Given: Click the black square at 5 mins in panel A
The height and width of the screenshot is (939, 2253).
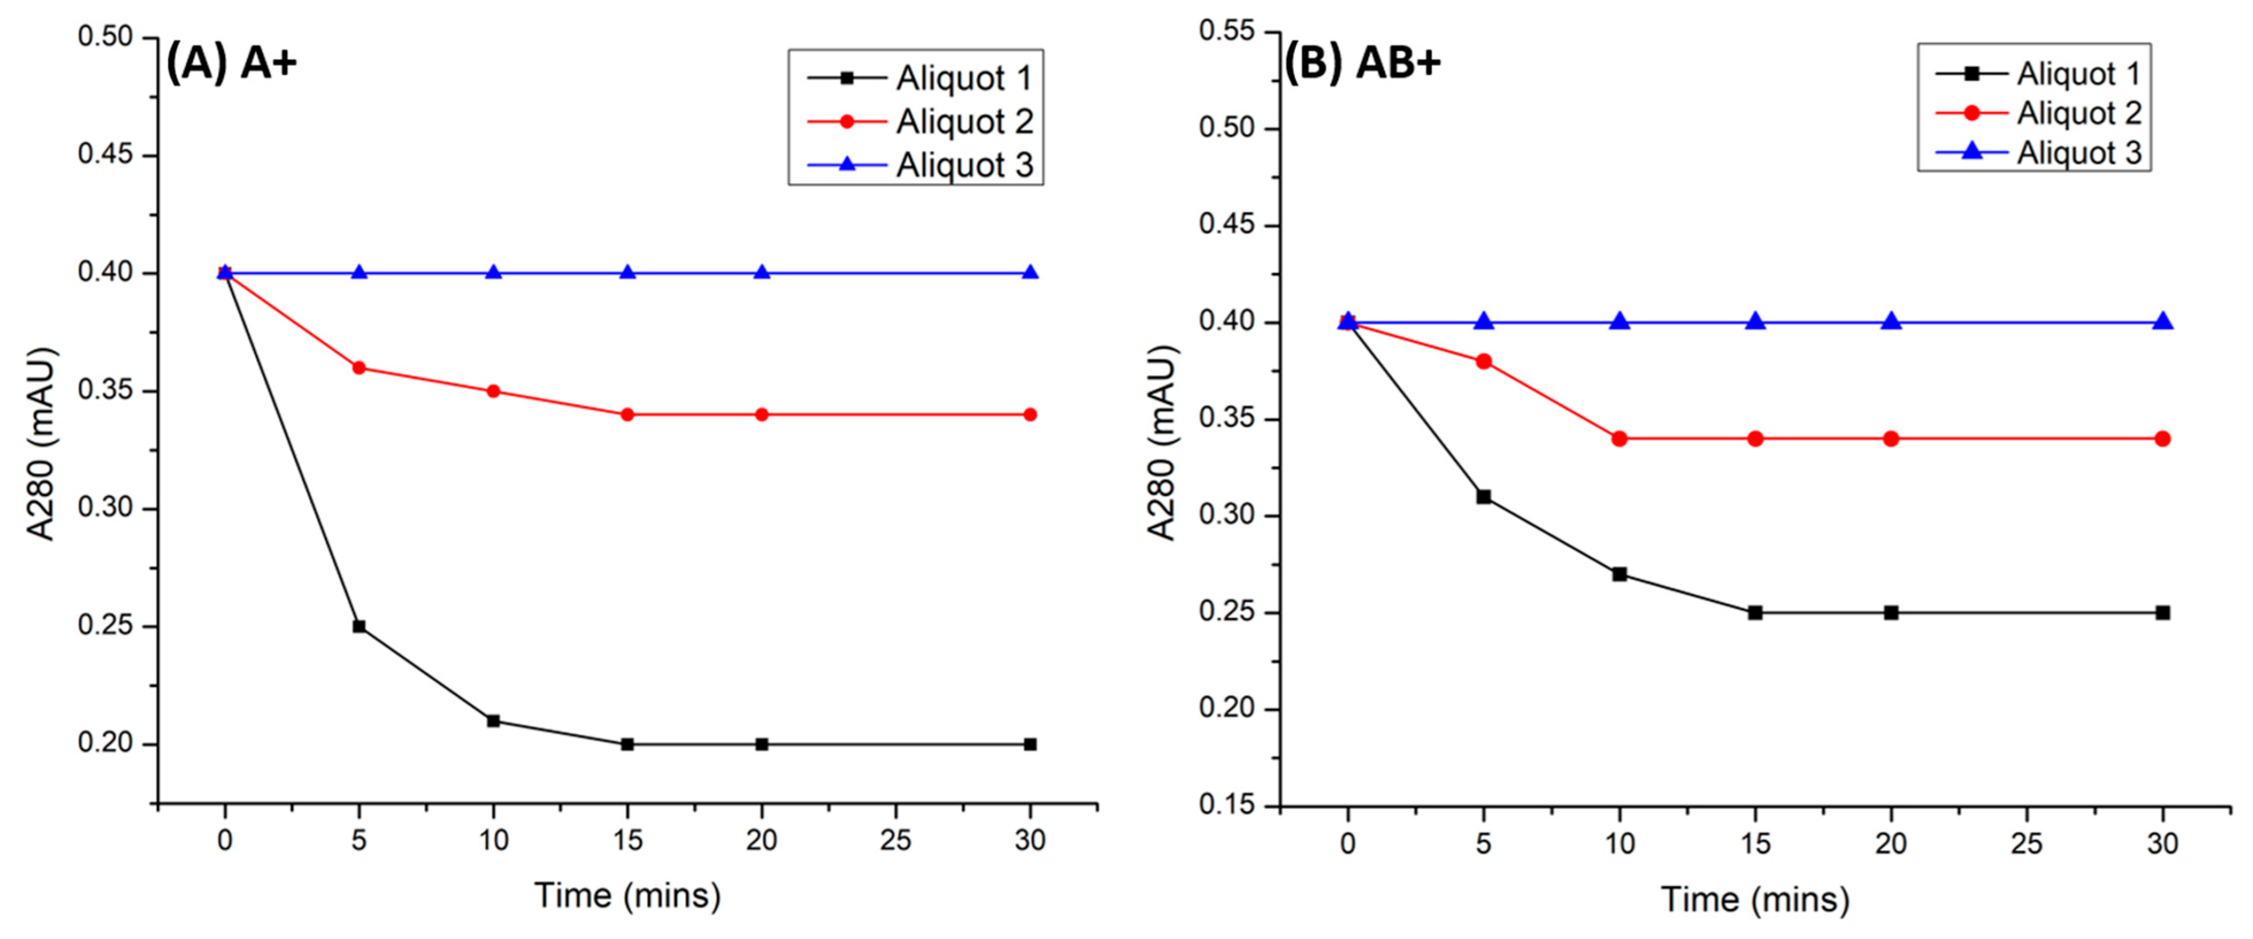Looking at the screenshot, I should (x=358, y=626).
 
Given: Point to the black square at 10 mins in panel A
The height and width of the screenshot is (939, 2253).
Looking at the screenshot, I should (x=493, y=721).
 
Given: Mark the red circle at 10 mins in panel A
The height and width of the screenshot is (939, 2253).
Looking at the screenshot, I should (x=493, y=391).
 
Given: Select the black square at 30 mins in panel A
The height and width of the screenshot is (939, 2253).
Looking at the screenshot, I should (x=1030, y=744).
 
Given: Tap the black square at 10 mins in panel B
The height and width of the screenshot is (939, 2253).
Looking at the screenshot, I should (x=1619, y=574).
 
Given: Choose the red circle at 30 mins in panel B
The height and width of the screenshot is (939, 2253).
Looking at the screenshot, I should (x=2163, y=439).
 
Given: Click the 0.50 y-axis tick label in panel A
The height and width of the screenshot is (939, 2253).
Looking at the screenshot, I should (x=105, y=37).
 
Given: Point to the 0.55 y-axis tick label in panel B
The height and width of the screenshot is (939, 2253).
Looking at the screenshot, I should (x=1227, y=31).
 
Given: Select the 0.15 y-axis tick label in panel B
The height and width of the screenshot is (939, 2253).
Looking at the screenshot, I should (x=1227, y=805).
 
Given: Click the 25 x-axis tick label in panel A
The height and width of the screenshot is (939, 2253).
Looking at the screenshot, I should (x=895, y=841).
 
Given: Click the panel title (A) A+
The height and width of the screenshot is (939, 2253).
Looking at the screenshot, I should (x=232, y=63).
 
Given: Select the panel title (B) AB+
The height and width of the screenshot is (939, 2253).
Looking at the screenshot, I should (x=1362, y=63).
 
